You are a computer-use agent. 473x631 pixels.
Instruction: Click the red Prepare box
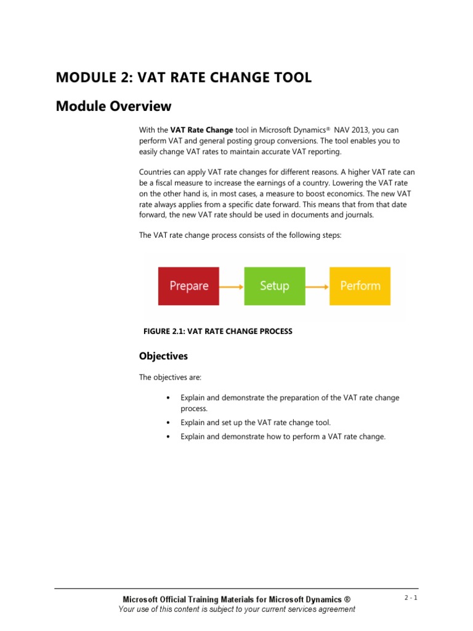(x=188, y=286)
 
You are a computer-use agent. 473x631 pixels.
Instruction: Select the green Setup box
(x=275, y=286)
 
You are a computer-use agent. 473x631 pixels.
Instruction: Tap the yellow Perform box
(x=360, y=286)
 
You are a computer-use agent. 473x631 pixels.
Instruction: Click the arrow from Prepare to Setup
(x=232, y=286)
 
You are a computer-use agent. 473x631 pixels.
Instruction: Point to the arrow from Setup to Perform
(x=317, y=286)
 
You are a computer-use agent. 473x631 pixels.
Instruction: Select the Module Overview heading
(x=113, y=107)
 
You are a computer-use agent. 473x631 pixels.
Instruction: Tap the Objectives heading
(x=163, y=356)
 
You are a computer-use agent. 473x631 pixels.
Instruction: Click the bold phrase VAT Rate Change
(x=201, y=130)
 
